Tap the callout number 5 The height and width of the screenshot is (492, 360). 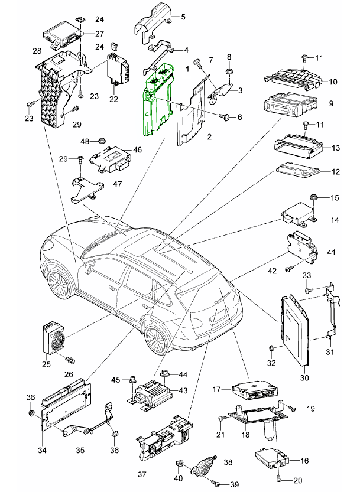click(183, 17)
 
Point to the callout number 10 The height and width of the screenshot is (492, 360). click(333, 82)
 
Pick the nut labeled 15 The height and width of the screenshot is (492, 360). click(314, 198)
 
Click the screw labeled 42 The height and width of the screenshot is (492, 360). click(288, 269)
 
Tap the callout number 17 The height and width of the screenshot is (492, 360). click(217, 389)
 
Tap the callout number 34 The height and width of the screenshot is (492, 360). click(42, 451)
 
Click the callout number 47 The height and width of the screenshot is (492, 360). click(116, 184)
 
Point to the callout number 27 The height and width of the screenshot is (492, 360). click(99, 34)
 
